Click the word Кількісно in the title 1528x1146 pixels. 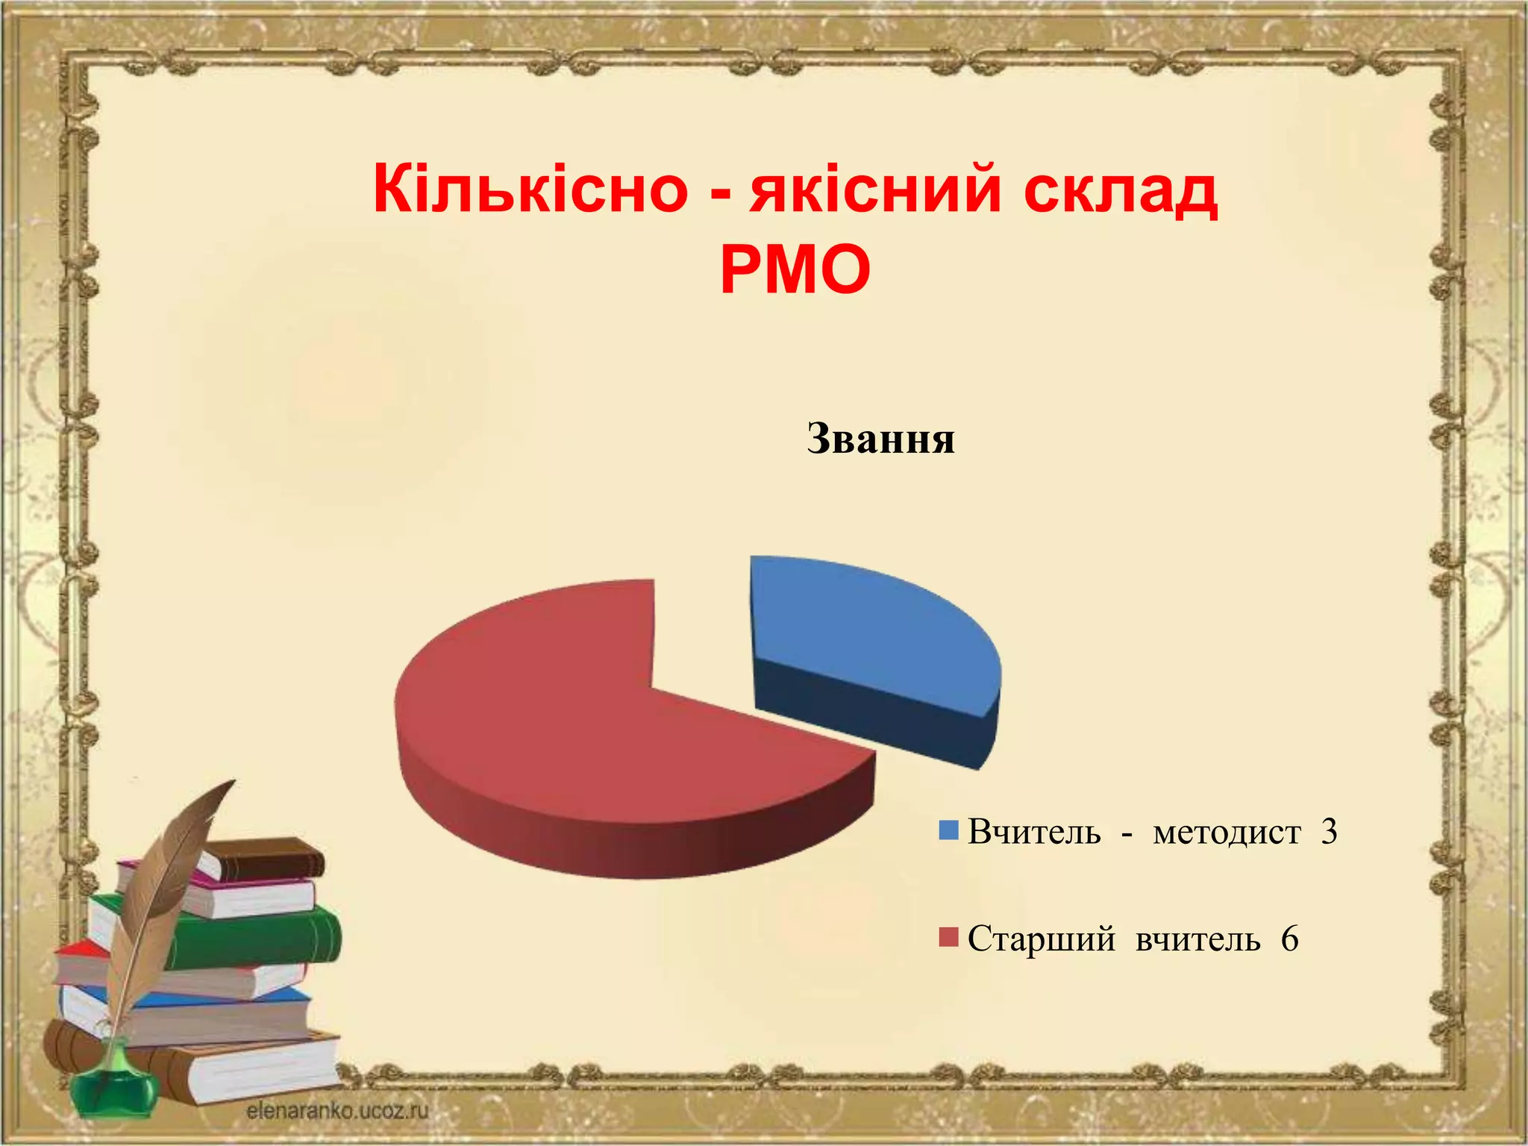530,190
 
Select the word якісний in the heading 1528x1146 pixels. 876,190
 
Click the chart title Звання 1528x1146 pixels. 880,439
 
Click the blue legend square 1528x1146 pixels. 948,831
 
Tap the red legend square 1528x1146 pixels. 948,938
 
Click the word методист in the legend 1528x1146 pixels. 1227,832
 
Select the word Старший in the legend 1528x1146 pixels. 1041,939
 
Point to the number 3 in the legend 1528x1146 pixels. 1329,832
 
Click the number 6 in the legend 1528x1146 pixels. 1290,939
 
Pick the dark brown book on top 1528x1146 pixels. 269,858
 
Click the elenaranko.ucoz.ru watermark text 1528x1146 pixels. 337,1111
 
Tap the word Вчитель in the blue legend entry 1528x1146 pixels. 1034,832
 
